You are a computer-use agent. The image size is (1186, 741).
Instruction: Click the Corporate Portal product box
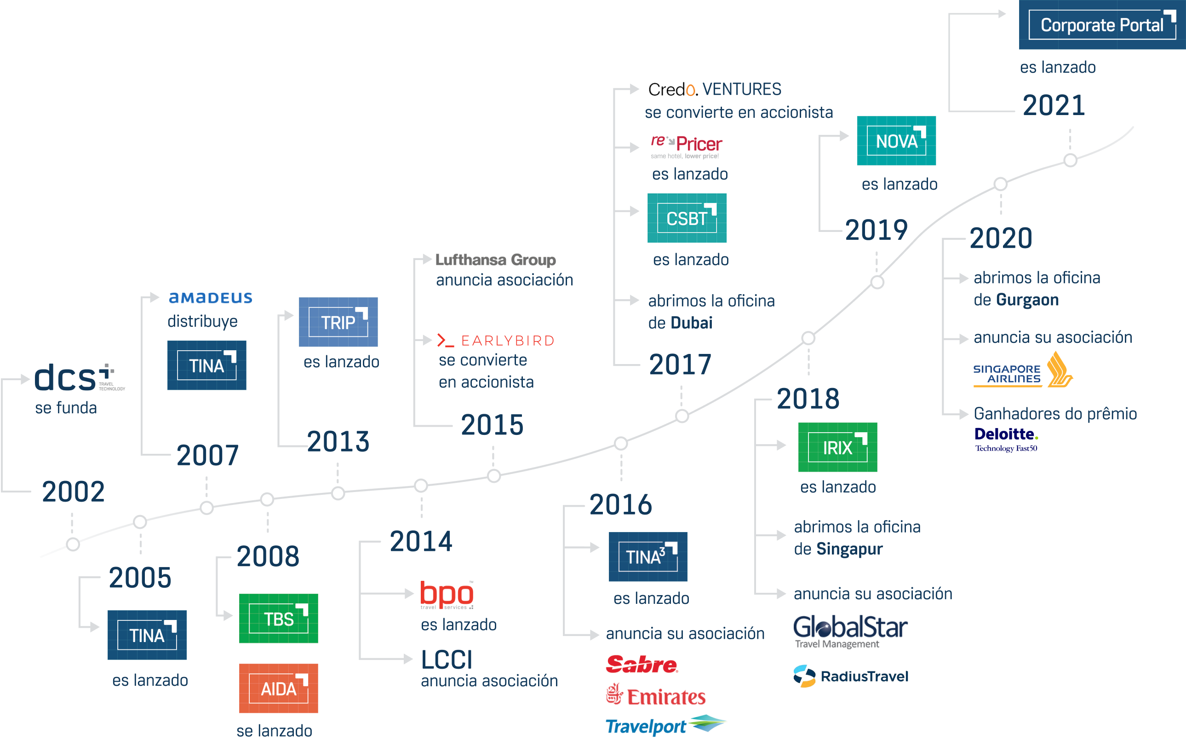(x=1102, y=24)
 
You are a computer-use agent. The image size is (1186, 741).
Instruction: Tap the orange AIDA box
(x=278, y=689)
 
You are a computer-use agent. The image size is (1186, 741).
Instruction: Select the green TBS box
(x=278, y=619)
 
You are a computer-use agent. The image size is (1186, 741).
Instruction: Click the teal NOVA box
(x=896, y=141)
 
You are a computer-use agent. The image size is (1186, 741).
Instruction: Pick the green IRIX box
(x=837, y=447)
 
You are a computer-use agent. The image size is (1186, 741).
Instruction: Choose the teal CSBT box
(x=687, y=218)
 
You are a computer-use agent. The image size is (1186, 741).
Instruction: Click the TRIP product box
(x=338, y=322)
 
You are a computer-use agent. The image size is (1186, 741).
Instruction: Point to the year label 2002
(x=74, y=492)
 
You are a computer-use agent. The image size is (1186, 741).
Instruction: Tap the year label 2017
(x=680, y=365)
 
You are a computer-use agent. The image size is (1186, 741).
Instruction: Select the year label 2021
(x=1054, y=105)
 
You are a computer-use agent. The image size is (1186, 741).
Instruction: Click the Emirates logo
(x=656, y=696)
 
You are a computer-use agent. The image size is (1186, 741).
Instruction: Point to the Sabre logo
(x=642, y=665)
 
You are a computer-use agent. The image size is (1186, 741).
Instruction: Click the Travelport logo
(x=666, y=726)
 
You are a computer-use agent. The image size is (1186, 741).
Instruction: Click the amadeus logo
(x=211, y=297)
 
